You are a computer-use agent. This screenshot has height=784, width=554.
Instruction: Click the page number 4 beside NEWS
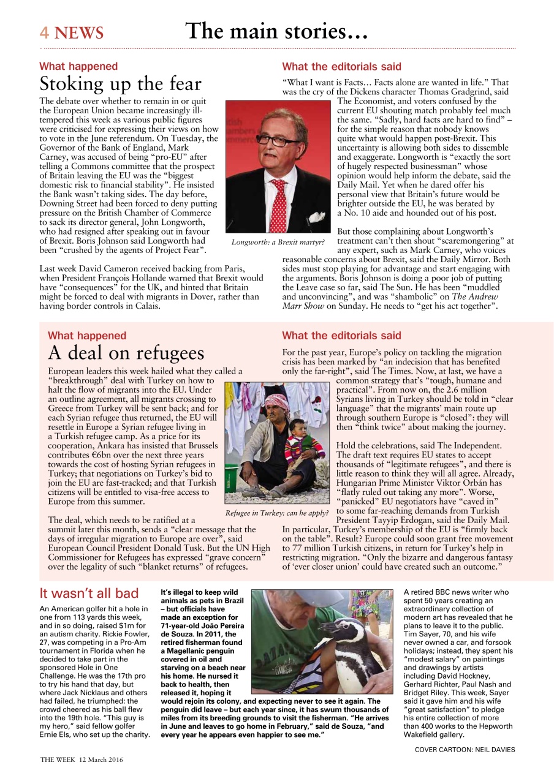[44, 32]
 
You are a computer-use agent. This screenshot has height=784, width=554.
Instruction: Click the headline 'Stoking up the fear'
[120, 83]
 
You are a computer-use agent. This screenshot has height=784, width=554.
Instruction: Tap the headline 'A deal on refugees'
[126, 353]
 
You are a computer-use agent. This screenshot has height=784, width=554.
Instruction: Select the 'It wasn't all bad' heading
[89, 593]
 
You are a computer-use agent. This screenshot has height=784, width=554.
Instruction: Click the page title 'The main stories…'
[276, 31]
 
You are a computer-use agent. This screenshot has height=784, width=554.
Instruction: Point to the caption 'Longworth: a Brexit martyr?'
[278, 242]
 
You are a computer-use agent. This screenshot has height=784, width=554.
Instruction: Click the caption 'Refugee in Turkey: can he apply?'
[277, 512]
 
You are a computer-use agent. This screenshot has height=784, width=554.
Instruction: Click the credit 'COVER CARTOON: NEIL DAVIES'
[465, 749]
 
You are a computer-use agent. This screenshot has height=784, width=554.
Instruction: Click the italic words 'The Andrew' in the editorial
[473, 296]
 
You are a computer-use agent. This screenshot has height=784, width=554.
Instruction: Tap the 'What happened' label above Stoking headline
[78, 66]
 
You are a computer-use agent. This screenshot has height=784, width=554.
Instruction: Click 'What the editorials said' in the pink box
[341, 336]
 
